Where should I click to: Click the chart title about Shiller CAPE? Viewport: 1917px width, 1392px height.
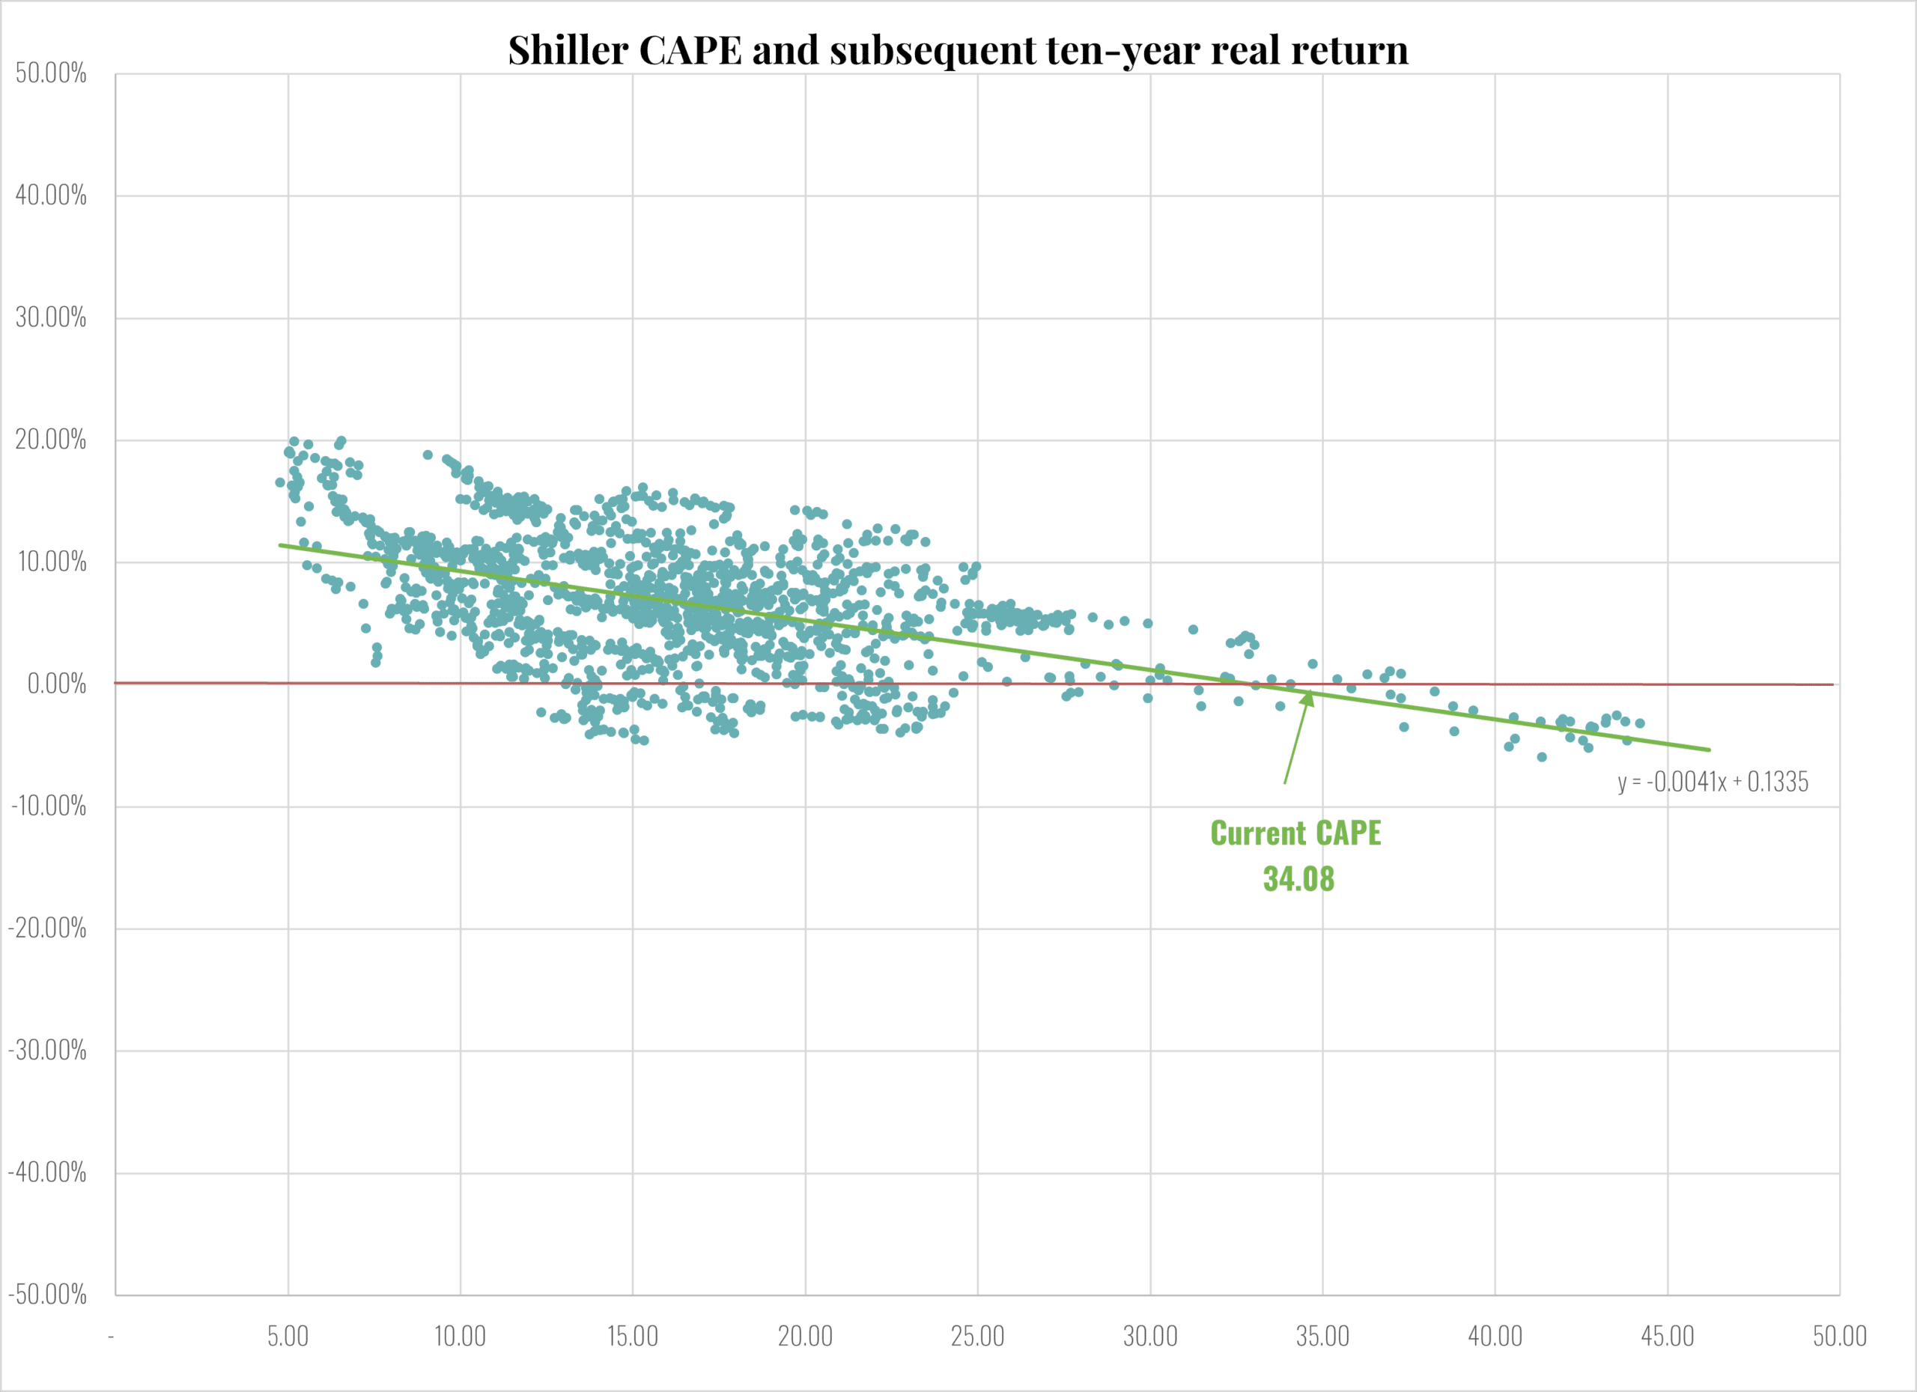[958, 50]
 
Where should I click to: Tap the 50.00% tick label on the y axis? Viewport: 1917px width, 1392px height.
[51, 73]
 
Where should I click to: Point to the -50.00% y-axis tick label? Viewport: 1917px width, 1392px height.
[47, 1294]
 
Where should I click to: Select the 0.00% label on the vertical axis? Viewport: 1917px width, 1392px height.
[57, 684]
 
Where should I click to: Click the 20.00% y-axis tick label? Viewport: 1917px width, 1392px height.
[51, 440]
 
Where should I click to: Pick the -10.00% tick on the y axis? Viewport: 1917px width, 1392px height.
[49, 806]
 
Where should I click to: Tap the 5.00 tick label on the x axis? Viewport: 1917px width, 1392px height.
[288, 1337]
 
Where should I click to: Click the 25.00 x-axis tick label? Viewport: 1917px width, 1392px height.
[977, 1337]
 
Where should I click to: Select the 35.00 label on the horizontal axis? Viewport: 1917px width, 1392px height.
[1322, 1337]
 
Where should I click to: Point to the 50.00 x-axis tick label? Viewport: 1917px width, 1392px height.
[1839, 1337]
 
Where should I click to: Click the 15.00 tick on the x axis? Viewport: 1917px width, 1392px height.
[632, 1337]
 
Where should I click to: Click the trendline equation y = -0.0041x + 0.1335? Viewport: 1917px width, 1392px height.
[1713, 782]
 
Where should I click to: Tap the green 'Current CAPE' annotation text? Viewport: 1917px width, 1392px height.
[1295, 833]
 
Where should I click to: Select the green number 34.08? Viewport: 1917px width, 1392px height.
[1298, 879]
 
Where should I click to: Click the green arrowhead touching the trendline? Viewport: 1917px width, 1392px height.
[1307, 697]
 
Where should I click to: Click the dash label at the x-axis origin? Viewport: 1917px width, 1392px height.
[111, 1337]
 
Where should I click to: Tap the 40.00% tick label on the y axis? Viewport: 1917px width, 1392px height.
[51, 195]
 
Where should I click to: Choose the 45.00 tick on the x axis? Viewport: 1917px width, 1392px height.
[1667, 1337]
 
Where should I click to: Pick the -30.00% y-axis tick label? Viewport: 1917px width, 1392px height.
[47, 1051]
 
